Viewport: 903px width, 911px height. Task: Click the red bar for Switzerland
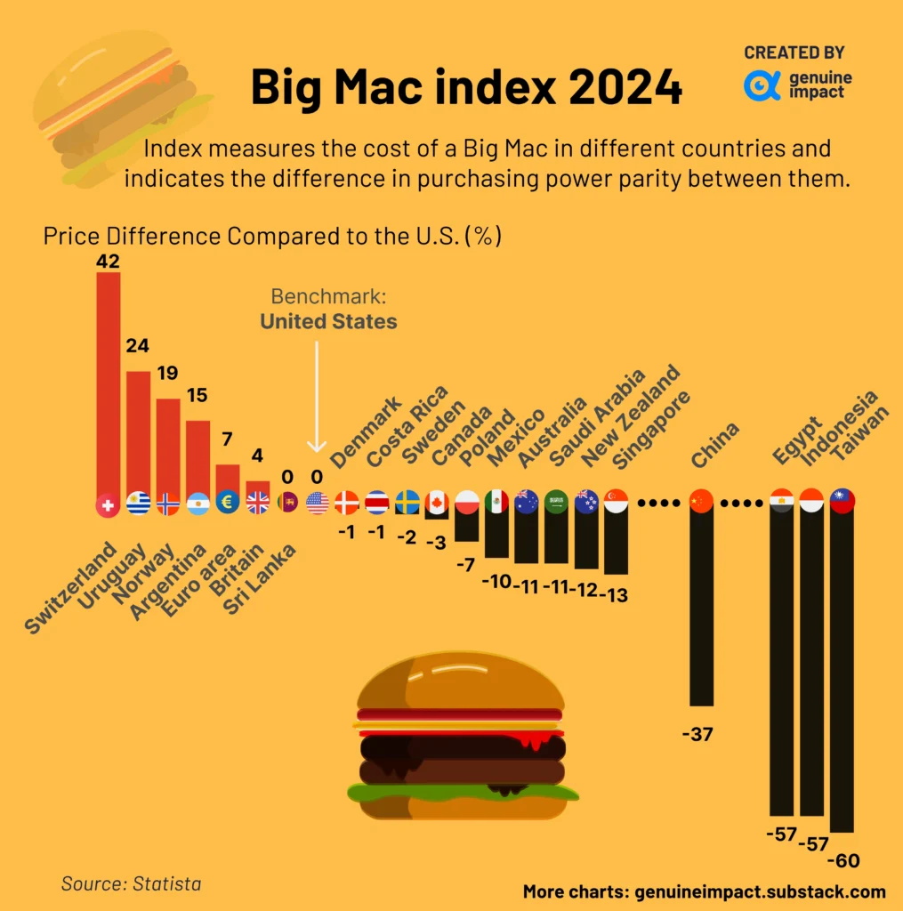(x=108, y=383)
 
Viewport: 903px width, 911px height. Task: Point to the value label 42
(x=108, y=261)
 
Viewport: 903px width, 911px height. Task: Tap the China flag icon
(x=702, y=503)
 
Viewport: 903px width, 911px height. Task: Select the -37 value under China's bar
(x=697, y=734)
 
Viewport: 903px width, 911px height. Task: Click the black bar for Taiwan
(x=842, y=667)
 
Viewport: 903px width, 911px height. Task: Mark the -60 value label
(x=843, y=861)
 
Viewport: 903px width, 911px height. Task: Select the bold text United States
(x=328, y=321)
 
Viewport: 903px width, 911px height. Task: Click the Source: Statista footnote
(x=131, y=883)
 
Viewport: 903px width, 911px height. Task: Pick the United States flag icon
(x=317, y=504)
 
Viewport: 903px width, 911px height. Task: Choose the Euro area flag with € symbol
(x=228, y=504)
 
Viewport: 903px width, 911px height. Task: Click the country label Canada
(x=462, y=437)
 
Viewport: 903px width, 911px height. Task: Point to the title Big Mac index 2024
(x=466, y=87)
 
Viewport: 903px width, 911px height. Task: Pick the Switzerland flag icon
(x=108, y=504)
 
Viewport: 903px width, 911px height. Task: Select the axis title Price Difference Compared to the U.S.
(x=272, y=237)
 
